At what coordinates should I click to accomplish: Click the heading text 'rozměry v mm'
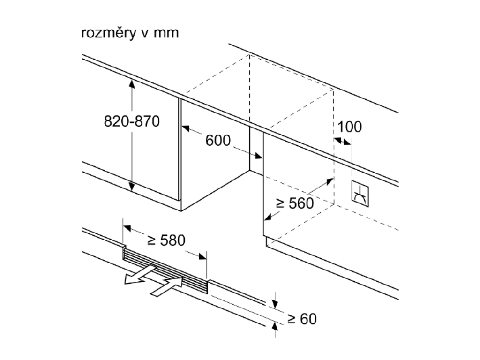tap(130, 34)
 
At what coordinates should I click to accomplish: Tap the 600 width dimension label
tap(218, 140)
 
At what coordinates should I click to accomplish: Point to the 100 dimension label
tap(350, 127)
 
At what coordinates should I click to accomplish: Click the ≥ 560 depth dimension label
tap(294, 203)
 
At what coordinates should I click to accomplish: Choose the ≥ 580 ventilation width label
tap(166, 240)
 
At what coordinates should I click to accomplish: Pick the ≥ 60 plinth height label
tap(302, 319)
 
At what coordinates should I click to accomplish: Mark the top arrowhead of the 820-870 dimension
tap(132, 83)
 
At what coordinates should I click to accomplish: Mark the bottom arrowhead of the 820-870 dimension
tap(132, 187)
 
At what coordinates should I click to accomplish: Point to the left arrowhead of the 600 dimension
tap(185, 127)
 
